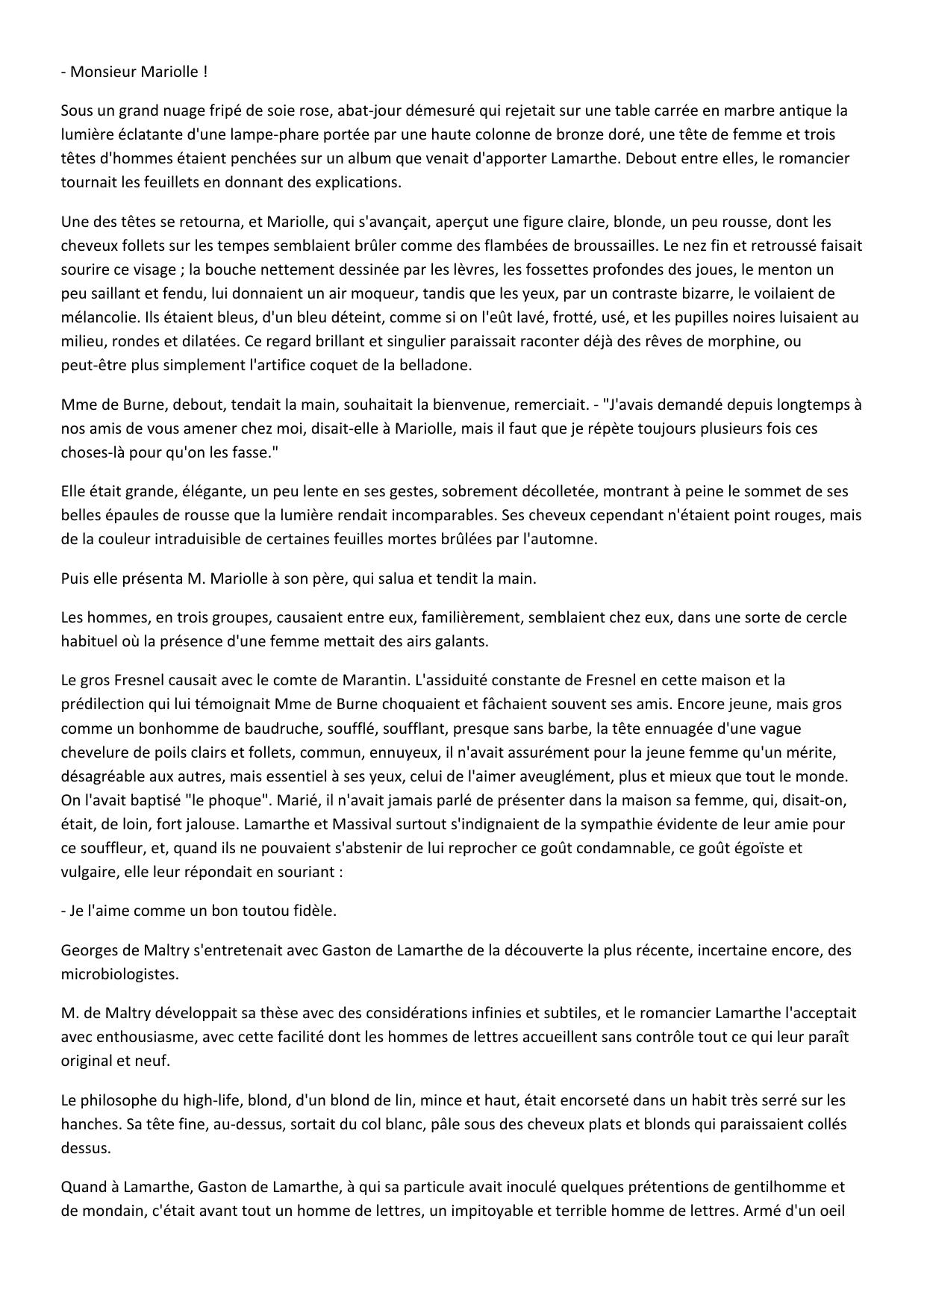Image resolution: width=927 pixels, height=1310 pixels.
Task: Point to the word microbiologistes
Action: (120, 974)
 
